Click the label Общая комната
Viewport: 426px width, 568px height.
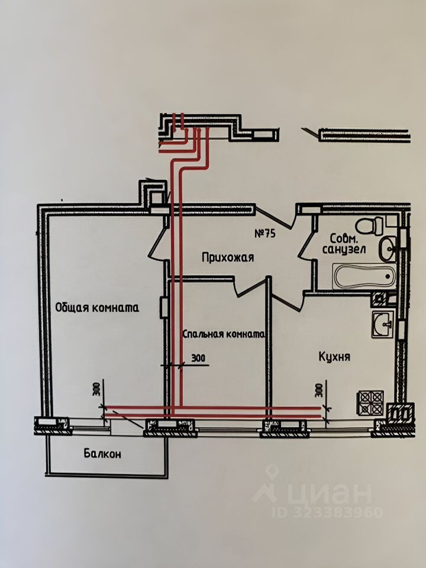coord(97,307)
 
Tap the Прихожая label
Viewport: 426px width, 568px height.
coord(228,257)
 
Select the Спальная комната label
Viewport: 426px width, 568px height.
coord(222,334)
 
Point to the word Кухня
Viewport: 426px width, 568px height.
coord(334,357)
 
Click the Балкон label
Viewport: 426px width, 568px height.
coord(102,454)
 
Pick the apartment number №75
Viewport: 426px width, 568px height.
coord(266,233)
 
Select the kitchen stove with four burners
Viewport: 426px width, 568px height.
coord(370,404)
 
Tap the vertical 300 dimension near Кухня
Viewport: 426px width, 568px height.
coord(319,390)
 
